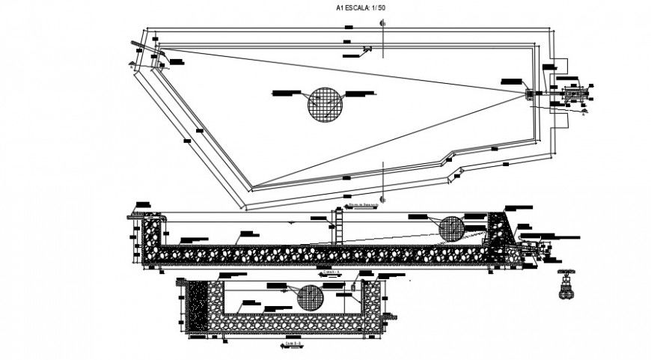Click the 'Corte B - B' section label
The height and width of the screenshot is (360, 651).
pyautogui.click(x=293, y=344)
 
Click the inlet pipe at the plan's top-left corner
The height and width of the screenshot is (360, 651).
pyautogui.click(x=137, y=47)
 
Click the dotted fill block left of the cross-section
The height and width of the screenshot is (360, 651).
pyautogui.click(x=198, y=307)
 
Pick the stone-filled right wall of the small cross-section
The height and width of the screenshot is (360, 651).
pyautogui.click(x=371, y=302)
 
